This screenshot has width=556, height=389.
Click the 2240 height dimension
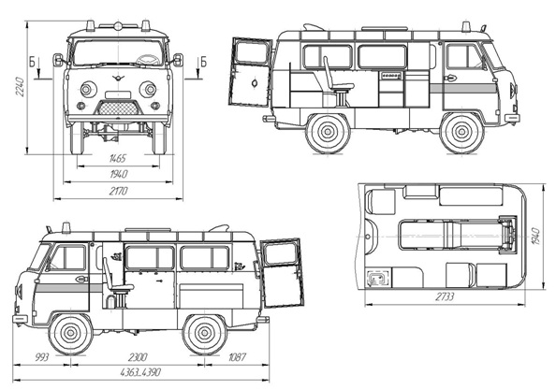[21, 87]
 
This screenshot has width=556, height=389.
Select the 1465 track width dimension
[118, 158]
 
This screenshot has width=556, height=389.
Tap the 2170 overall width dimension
[119, 192]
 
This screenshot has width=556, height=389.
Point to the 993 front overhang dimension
[42, 357]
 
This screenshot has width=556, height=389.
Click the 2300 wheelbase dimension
[138, 357]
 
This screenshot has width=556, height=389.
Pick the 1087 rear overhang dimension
[237, 357]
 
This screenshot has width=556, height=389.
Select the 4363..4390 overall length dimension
[140, 372]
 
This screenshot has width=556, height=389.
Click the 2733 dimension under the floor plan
[445, 296]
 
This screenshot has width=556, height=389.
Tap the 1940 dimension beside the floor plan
[535, 237]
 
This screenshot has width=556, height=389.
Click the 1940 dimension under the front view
[119, 174]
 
